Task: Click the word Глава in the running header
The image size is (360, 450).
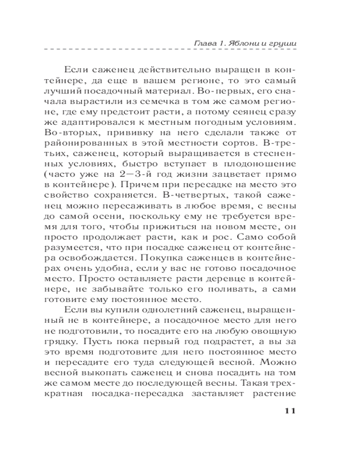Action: [201, 44]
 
